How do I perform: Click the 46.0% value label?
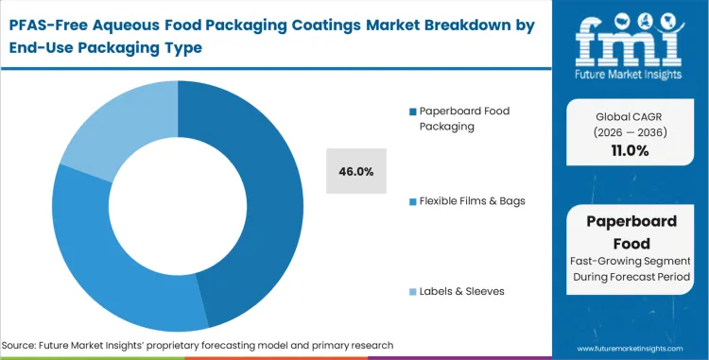pos(355,171)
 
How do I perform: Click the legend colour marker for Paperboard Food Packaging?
pos(413,112)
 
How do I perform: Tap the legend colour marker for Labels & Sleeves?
pos(413,291)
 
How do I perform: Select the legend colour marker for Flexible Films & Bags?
pos(413,200)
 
